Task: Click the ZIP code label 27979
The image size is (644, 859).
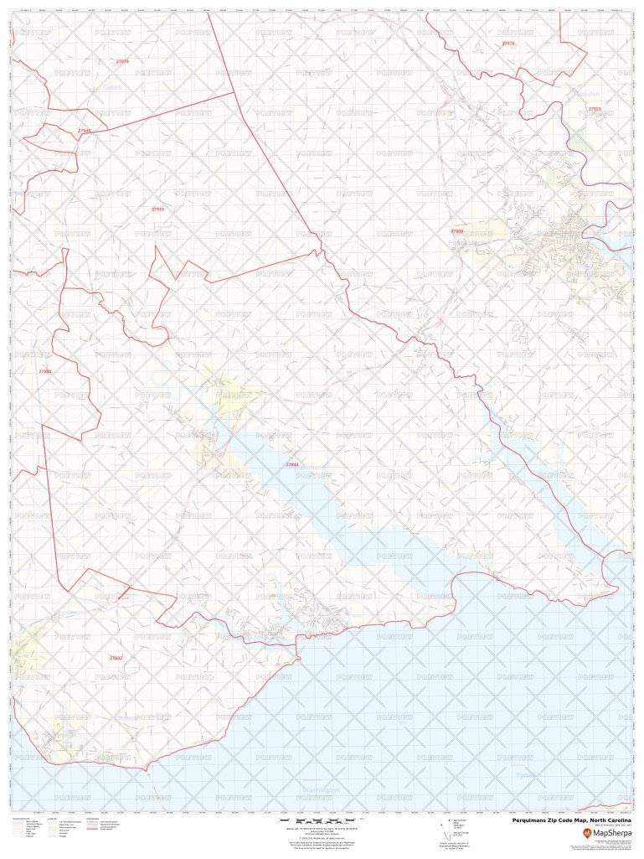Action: (x=122, y=61)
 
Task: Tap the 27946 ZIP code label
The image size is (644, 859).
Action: (x=84, y=131)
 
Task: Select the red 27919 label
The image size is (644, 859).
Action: (x=157, y=209)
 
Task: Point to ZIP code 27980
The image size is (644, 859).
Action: (x=45, y=371)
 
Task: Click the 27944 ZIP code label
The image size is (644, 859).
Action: (x=291, y=464)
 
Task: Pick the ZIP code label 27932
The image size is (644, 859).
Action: (x=116, y=658)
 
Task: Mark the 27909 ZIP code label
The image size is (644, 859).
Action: (x=456, y=230)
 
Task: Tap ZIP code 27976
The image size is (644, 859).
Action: (x=508, y=43)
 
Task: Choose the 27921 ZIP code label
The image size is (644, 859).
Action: (x=595, y=109)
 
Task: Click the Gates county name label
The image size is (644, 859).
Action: (x=112, y=87)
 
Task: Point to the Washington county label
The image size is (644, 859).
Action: (x=321, y=790)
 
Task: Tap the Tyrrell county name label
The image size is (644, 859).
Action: (x=526, y=776)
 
